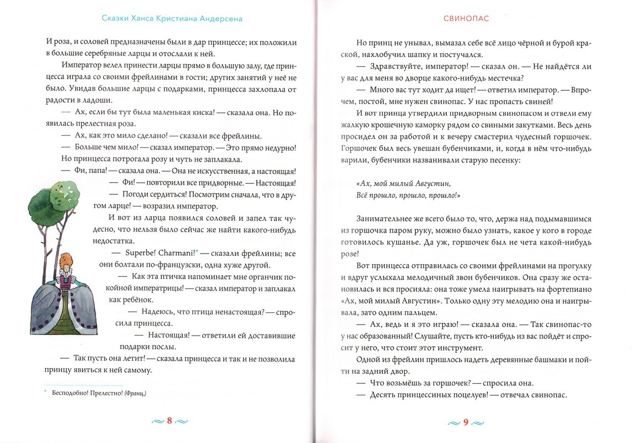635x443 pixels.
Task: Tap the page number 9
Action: click(466, 423)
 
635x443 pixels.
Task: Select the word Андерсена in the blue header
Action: click(220, 18)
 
